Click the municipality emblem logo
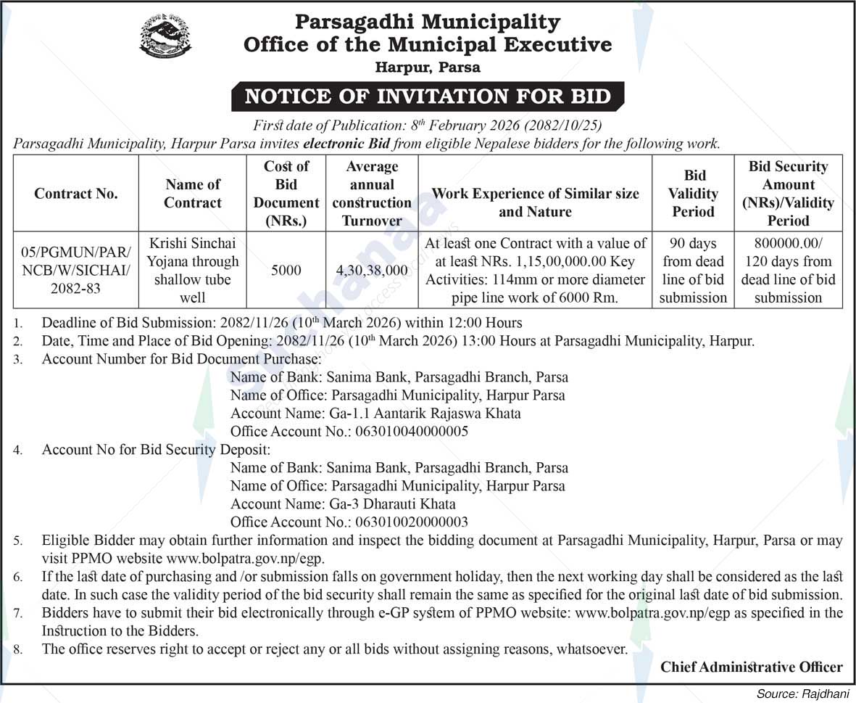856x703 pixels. pos(165,35)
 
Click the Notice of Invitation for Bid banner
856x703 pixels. pos(428,96)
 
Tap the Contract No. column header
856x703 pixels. pos(76,194)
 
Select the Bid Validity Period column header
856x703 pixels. pos(693,194)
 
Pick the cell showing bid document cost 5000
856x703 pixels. pos(286,271)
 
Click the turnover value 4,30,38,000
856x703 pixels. pos(371,271)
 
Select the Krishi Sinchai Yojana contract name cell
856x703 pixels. pos(193,270)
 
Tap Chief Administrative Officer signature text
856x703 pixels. pos(751,667)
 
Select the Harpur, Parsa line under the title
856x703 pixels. pos(428,67)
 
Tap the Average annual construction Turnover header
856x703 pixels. pos(371,194)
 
